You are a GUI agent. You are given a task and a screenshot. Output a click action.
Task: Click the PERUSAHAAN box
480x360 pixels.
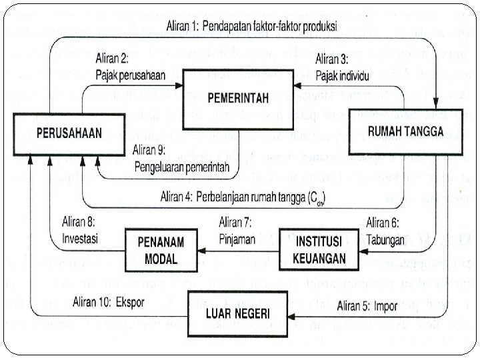tap(69, 133)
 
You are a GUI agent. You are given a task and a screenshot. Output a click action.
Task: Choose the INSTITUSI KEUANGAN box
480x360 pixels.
tap(321, 249)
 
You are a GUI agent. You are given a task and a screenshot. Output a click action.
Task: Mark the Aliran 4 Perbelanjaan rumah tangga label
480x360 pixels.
tap(247, 197)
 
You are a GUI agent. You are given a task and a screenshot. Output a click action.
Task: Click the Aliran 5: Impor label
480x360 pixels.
tap(367, 306)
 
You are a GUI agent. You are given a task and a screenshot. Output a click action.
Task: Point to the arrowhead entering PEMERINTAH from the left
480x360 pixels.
tap(181, 85)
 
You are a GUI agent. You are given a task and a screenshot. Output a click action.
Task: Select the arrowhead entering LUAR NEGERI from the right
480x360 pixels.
tap(291, 315)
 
